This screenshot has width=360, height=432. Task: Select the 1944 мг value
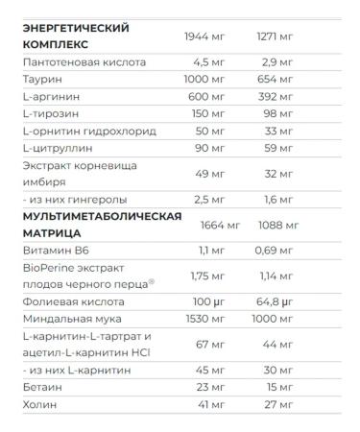tap(204, 36)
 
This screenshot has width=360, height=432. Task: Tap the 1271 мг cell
tap(275, 36)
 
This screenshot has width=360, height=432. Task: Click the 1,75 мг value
tap(204, 276)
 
